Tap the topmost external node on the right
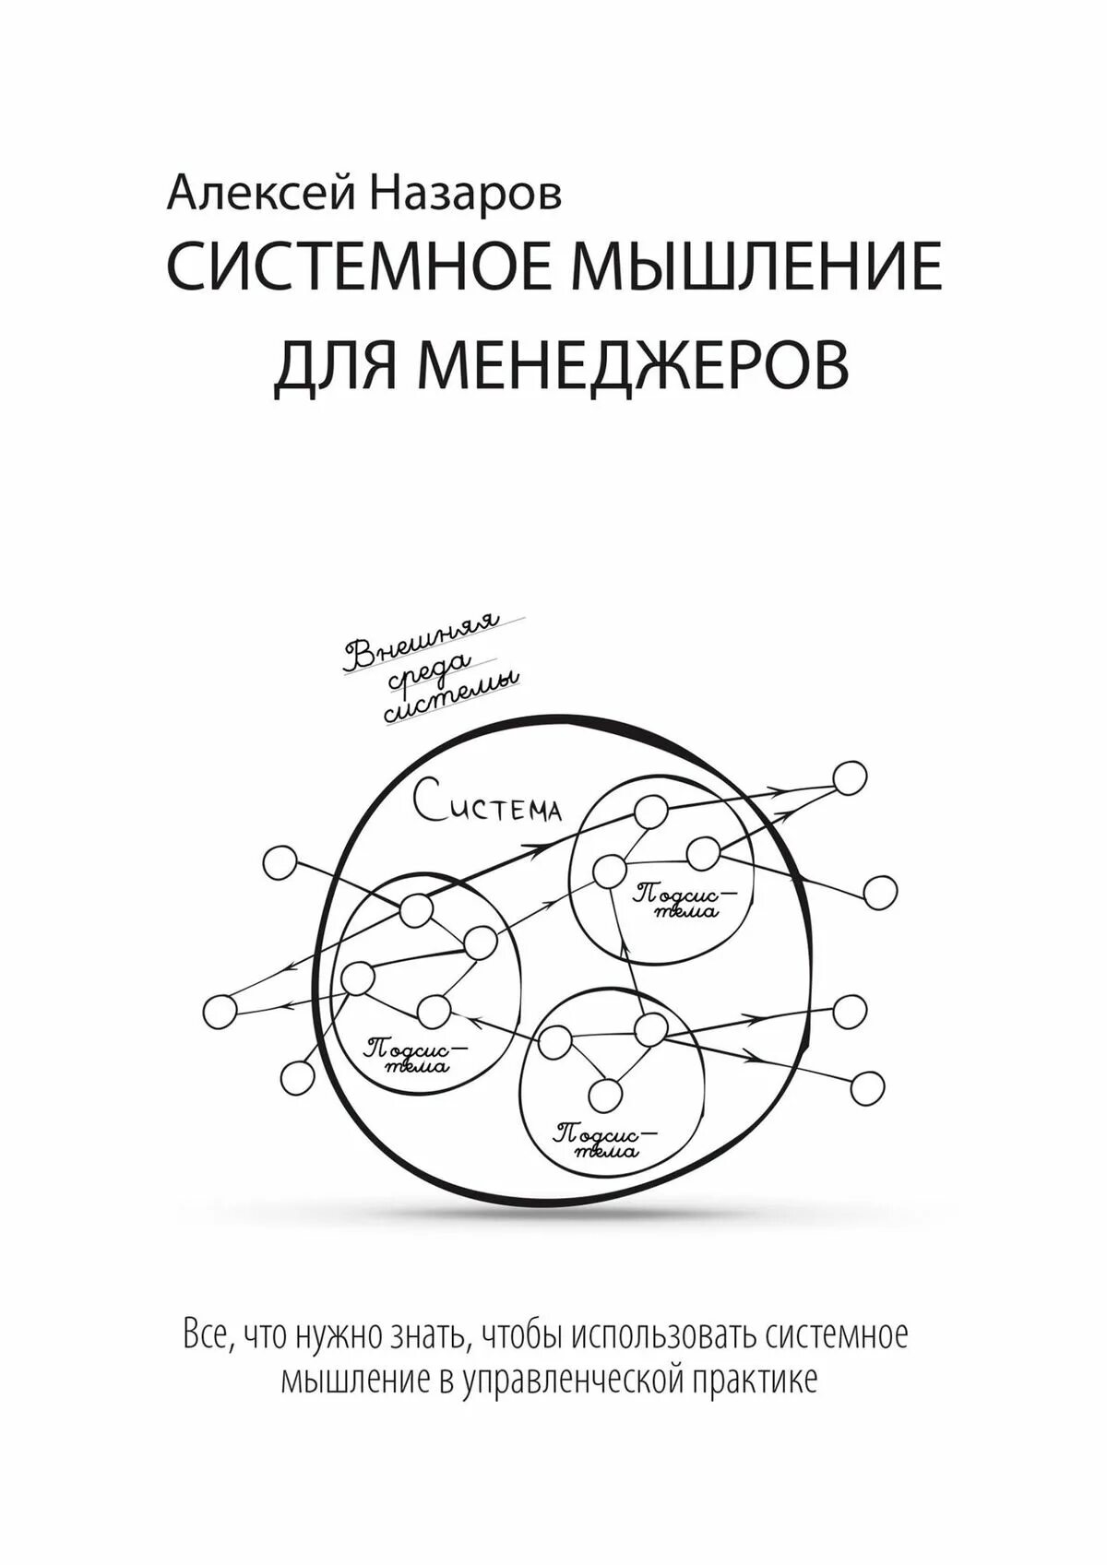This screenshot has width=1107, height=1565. coord(850,777)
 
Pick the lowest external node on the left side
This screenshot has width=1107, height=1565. coord(296,1076)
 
